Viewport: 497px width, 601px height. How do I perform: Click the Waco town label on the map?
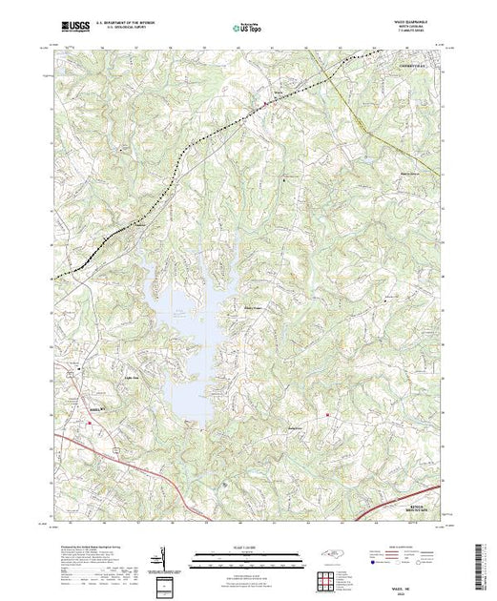(x=278, y=93)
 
